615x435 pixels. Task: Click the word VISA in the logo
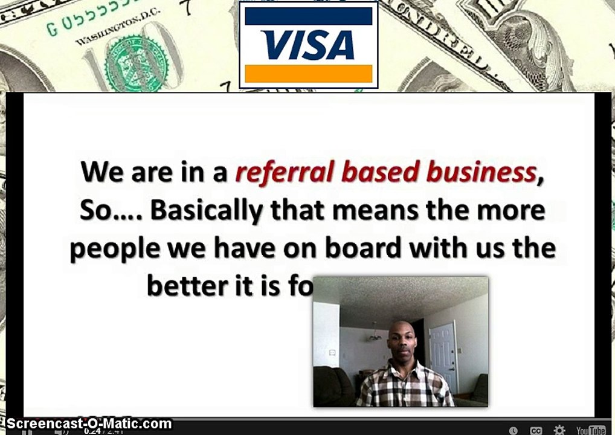pos(308,45)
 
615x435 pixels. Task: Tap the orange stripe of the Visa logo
pos(308,73)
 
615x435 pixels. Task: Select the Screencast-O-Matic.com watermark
pos(89,424)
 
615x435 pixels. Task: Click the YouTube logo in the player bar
pos(590,430)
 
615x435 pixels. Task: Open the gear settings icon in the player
pos(560,430)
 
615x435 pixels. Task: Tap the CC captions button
pos(536,431)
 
